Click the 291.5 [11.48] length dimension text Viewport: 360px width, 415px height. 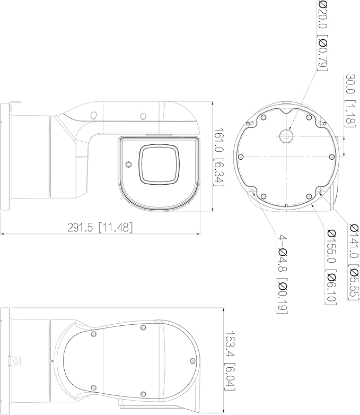tap(100, 228)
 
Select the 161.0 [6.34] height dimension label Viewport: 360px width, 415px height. tap(219, 157)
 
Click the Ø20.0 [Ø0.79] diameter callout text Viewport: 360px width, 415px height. tap(322, 36)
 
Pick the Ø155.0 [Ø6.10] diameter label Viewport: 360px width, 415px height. tap(331, 267)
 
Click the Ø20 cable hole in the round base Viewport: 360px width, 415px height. tap(286, 136)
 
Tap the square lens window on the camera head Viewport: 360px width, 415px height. tap(159, 164)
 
